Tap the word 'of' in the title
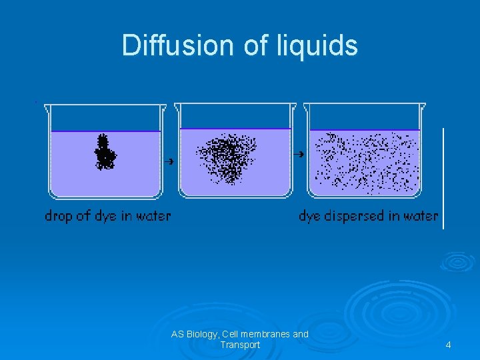click(253, 45)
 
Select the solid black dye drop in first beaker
click(104, 153)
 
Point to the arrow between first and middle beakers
click(169, 161)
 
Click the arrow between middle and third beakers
click(300, 154)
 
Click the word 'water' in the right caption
click(420, 216)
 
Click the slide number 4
click(448, 345)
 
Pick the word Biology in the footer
click(202, 334)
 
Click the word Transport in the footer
click(240, 345)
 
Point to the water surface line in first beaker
click(105, 131)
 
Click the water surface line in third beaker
click(365, 129)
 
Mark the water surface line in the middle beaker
click(235, 129)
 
